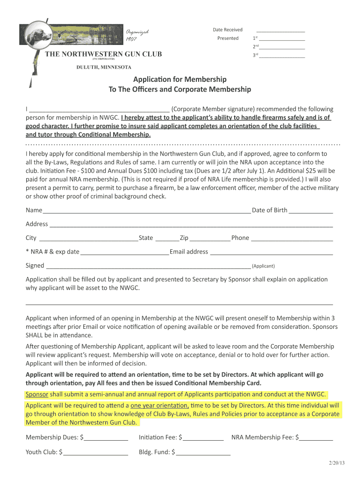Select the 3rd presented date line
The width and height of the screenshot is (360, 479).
coord(282,56)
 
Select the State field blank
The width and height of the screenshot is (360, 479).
coord(167,239)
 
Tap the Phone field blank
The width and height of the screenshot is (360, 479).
coord(292,239)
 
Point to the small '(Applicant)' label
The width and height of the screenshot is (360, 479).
coord(263,266)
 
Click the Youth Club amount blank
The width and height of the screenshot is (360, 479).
coord(96,453)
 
